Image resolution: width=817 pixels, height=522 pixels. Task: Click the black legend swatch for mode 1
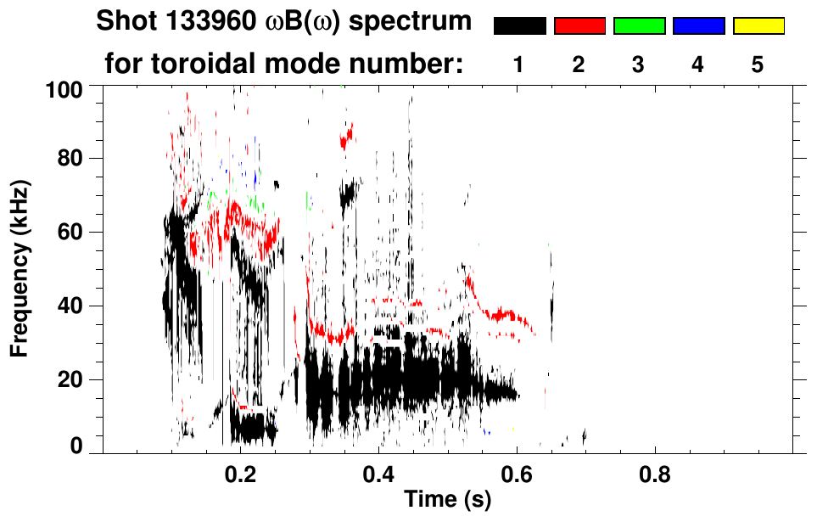point(519,26)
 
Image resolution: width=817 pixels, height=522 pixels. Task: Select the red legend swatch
point(579,26)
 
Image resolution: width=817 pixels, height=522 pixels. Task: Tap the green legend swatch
point(639,26)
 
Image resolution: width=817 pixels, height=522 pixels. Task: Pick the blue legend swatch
point(698,26)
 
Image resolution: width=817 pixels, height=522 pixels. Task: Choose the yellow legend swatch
point(758,26)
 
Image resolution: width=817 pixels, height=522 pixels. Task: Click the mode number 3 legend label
point(639,65)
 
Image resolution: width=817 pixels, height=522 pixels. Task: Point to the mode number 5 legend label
point(758,65)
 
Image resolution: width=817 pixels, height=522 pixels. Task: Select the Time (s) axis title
point(446,501)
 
